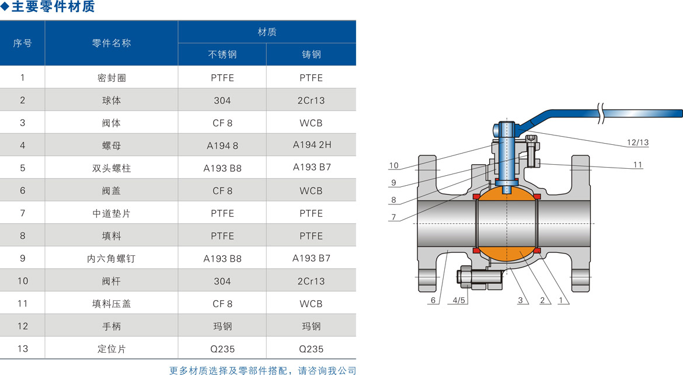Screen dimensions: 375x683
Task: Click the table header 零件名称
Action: (111, 43)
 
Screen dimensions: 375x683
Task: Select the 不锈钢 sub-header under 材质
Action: (222, 55)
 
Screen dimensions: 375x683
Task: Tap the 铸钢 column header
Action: (311, 55)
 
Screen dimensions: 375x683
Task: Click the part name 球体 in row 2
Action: (111, 100)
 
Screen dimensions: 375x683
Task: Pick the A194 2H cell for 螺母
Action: (312, 145)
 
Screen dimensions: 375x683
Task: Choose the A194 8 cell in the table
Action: (222, 146)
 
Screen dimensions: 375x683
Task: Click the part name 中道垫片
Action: (111, 213)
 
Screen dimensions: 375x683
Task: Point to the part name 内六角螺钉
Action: (111, 258)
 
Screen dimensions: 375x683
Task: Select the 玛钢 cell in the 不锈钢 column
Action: (222, 326)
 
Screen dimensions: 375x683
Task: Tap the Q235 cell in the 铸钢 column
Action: (311, 349)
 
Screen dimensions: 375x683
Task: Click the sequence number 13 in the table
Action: (23, 349)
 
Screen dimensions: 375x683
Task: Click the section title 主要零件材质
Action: (53, 8)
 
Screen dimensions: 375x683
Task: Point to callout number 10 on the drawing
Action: (393, 166)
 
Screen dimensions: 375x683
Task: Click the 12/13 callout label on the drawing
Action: (637, 143)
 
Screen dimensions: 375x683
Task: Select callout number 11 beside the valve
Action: (637, 165)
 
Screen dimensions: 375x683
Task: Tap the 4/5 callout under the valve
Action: (459, 301)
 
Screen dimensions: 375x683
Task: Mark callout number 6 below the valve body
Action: (433, 301)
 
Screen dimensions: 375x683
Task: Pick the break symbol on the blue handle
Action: (601, 113)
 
